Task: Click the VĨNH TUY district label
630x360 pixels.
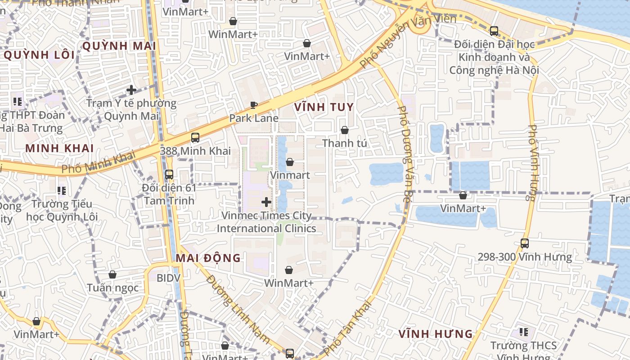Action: coord(324,107)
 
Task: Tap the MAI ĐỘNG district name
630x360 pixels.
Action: coord(208,258)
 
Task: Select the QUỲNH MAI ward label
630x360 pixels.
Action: coord(119,46)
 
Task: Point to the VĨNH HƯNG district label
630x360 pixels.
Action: coord(436,334)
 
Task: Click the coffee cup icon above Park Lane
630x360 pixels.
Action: coord(254,105)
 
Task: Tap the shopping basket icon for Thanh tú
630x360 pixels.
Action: coord(345,130)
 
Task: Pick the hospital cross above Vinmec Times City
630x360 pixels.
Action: coord(266,202)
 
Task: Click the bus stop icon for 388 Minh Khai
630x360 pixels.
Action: coord(195,138)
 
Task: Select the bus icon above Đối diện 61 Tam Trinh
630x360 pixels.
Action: coord(169,175)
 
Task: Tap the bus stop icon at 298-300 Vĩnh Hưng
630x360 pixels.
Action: coord(525,243)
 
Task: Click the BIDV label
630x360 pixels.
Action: coord(168,278)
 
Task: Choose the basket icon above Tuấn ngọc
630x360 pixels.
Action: coord(112,274)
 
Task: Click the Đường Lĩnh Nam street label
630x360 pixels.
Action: coord(238,309)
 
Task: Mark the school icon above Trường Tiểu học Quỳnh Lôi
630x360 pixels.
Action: coord(62,191)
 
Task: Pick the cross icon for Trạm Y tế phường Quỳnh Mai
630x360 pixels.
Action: coord(131,90)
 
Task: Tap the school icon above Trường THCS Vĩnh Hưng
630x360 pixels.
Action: coord(524,332)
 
